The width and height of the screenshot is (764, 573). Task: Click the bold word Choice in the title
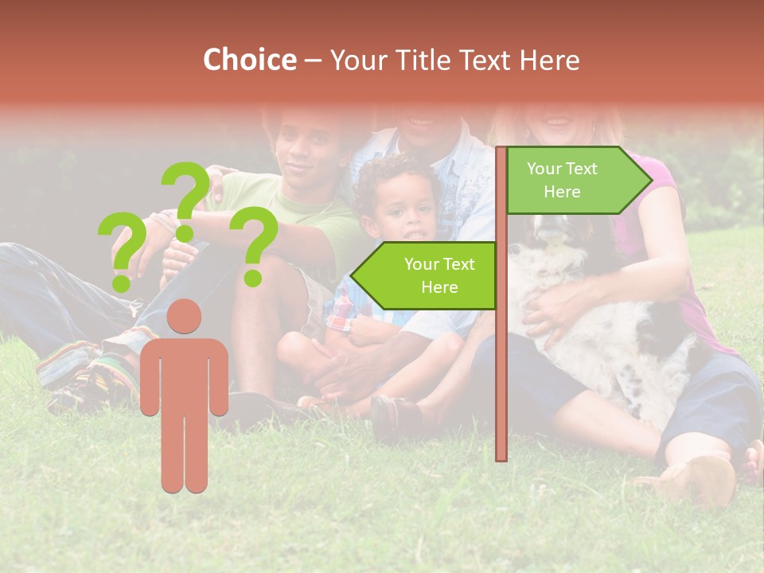(249, 60)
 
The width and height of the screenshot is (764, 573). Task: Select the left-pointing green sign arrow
(425, 275)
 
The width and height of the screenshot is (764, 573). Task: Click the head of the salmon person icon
(184, 316)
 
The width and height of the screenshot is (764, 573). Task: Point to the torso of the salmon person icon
(184, 374)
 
